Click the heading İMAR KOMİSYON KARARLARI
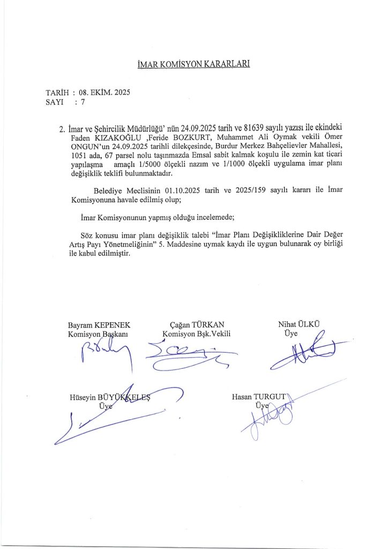[x=194, y=65]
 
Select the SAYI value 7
[x=83, y=100]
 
